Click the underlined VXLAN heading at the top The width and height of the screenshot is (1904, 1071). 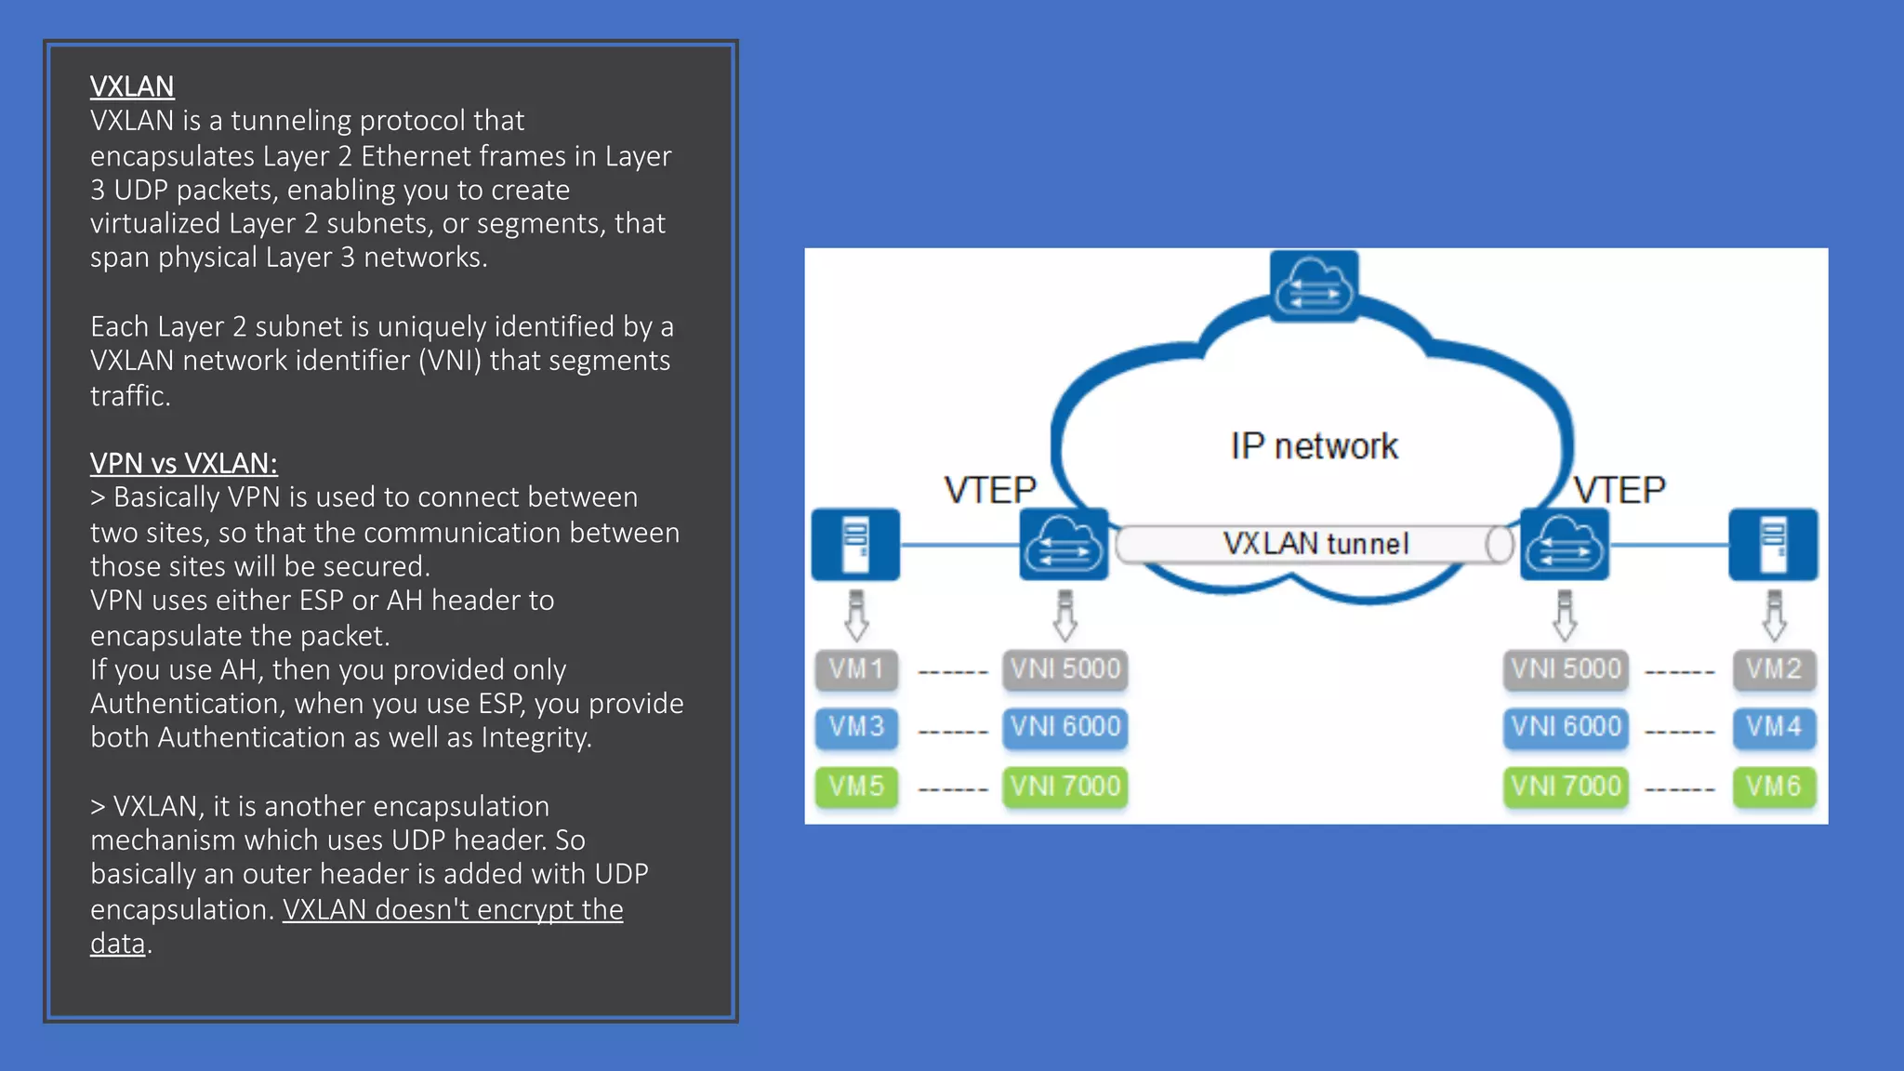132,86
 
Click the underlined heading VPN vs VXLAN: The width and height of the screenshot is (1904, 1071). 183,463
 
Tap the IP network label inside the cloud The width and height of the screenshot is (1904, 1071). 1314,446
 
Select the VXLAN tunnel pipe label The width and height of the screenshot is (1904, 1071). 1315,544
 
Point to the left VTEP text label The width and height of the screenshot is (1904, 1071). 990,490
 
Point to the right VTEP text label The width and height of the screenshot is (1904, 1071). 1620,490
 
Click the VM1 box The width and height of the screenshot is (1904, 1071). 856,669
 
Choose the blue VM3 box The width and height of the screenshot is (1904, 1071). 856,727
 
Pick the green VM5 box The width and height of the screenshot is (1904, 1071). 856,787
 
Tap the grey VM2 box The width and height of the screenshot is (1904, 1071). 1774,669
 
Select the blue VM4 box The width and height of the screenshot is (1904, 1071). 1774,727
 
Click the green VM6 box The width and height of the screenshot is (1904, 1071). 1774,787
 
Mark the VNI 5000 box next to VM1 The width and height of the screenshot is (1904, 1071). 1065,669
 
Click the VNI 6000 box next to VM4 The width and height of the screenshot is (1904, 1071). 1566,727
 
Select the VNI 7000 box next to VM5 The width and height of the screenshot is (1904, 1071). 1065,787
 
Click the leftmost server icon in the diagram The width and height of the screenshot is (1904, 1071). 855,544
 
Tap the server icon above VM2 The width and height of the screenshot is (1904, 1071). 1773,544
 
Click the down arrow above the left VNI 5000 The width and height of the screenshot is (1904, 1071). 1065,615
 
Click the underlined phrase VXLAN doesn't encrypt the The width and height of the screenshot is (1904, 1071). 453,909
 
